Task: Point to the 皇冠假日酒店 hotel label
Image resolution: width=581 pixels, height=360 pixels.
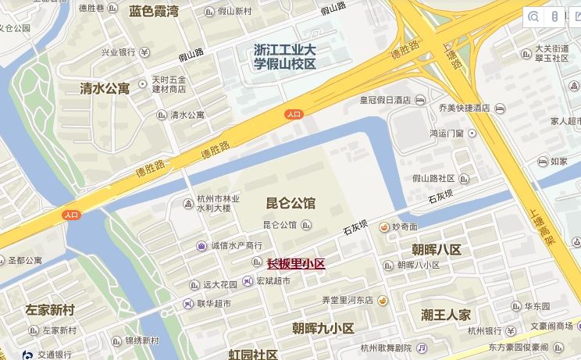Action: point(384,100)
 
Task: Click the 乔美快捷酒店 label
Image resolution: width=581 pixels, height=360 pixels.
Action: point(464,108)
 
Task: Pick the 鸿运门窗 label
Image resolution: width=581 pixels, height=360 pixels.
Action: point(447,133)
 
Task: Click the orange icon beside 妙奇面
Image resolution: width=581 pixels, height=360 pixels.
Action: point(383,226)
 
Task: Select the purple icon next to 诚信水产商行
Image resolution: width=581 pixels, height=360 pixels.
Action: point(201,246)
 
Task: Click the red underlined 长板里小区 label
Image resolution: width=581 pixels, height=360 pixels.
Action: point(296,264)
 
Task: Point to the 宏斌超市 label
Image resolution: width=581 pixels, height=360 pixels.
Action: point(273,281)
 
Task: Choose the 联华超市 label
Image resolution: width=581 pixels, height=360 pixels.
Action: point(213,303)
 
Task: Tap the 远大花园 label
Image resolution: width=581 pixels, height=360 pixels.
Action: point(219,284)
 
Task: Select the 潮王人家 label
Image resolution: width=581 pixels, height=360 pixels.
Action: point(446,315)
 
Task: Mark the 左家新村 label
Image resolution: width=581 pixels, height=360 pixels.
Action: point(49,310)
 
